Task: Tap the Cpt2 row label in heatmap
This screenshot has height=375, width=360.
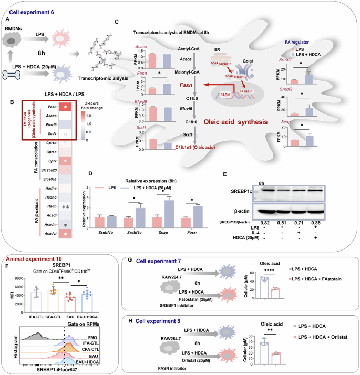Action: (x=52, y=160)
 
